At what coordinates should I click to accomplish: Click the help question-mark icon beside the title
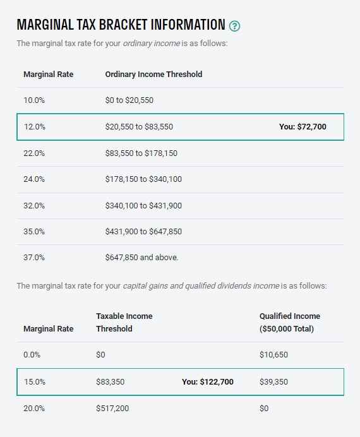pyautogui.click(x=235, y=26)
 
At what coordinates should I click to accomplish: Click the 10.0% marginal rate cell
pyautogui.click(x=34, y=100)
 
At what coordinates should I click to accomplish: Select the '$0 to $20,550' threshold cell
pyautogui.click(x=129, y=100)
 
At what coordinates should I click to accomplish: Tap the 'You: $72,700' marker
pyautogui.click(x=303, y=127)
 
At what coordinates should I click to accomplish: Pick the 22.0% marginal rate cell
pyautogui.click(x=35, y=153)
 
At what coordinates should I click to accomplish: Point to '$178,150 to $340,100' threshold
pyautogui.click(x=143, y=179)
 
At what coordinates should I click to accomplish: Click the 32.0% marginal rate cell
pyautogui.click(x=35, y=205)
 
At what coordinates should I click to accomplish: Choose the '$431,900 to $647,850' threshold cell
pyautogui.click(x=143, y=232)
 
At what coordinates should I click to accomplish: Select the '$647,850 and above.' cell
pyautogui.click(x=142, y=258)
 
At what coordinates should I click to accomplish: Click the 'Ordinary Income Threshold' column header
pyautogui.click(x=153, y=75)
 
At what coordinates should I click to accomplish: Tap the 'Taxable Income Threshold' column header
pyautogui.click(x=124, y=322)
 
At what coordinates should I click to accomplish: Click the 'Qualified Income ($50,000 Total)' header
pyautogui.click(x=289, y=322)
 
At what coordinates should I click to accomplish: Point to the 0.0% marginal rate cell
pyautogui.click(x=32, y=355)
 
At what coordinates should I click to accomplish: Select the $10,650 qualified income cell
pyautogui.click(x=273, y=355)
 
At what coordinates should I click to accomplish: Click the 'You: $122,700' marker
pyautogui.click(x=208, y=382)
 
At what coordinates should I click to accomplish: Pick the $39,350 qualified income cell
pyautogui.click(x=273, y=382)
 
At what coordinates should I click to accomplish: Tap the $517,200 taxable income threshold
pyautogui.click(x=112, y=409)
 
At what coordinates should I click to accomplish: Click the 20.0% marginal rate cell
pyautogui.click(x=35, y=409)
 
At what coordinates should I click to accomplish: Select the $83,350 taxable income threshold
pyautogui.click(x=110, y=382)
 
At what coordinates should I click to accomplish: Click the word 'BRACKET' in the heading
pyautogui.click(x=104, y=25)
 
